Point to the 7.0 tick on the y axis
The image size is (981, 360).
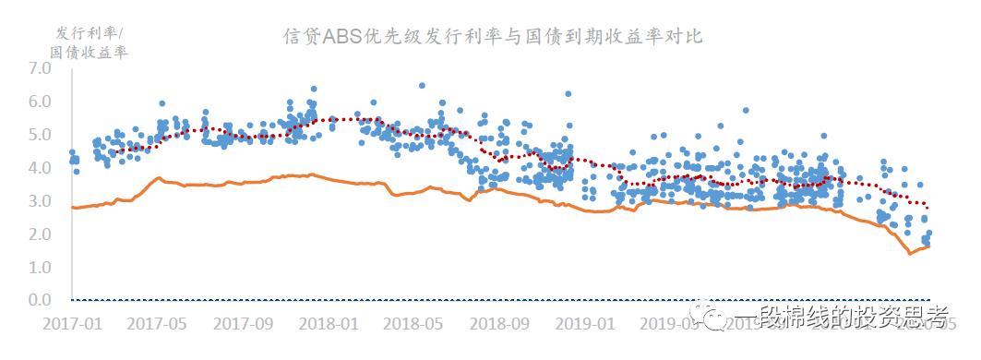coord(40,68)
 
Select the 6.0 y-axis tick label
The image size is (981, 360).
coord(40,102)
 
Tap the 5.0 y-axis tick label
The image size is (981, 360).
coord(40,135)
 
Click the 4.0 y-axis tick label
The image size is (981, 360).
coord(40,168)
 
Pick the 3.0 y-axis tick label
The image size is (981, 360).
coord(40,201)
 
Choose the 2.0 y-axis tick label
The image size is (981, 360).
coord(40,234)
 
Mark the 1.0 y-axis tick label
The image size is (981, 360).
coord(40,268)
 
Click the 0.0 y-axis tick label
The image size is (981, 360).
coord(40,301)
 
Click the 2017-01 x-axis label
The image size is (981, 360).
coord(72,324)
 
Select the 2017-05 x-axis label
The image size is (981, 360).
coord(157,324)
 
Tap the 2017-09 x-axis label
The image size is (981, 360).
coord(243,324)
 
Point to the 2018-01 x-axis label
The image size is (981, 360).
coord(329,324)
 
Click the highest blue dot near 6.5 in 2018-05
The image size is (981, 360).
coord(422,86)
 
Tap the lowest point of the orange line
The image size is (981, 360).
coord(911,253)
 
